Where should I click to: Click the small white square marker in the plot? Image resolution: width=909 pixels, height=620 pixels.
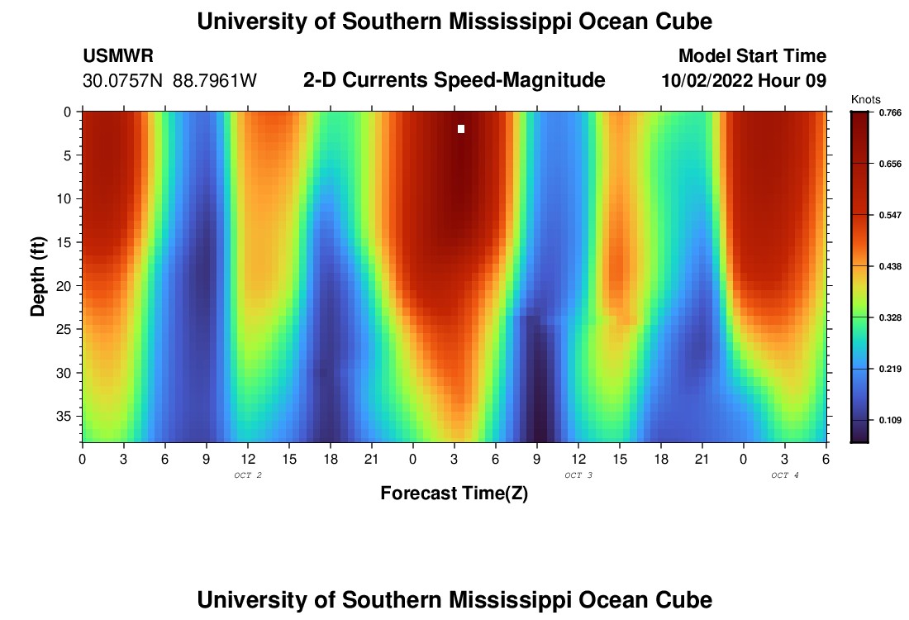tap(461, 129)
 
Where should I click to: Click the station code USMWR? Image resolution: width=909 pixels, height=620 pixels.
tap(118, 56)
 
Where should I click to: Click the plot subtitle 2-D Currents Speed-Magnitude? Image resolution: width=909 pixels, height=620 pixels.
tap(454, 80)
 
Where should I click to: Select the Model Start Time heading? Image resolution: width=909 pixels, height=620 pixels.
tap(752, 56)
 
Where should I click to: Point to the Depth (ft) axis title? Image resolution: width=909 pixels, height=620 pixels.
tap(38, 277)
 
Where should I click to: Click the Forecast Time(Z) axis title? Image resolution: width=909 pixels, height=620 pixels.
tap(454, 494)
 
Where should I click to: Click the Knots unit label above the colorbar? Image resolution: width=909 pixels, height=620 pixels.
tap(865, 99)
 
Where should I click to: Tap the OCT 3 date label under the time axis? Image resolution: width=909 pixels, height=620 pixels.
tap(578, 475)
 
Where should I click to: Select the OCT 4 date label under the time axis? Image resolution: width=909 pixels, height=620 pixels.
tap(785, 475)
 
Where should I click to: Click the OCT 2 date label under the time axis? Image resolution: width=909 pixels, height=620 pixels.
tap(248, 475)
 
